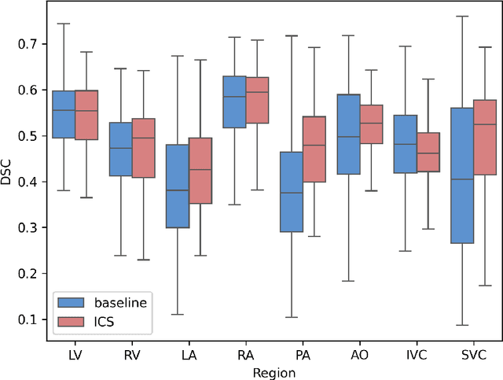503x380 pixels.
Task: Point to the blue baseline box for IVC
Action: [x=405, y=144]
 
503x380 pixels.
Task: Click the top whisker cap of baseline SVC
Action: [x=462, y=17]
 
